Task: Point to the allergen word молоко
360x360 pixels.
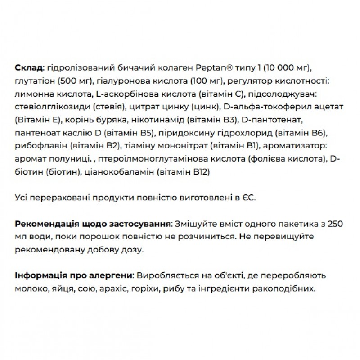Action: coord(29,288)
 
